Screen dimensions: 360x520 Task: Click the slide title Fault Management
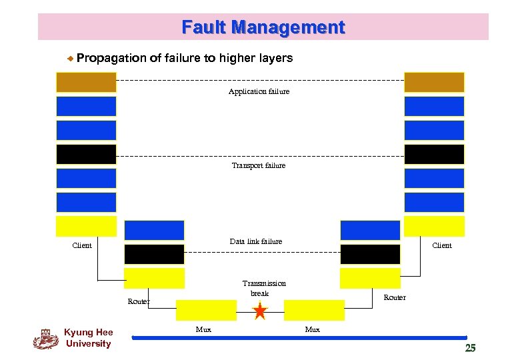[263, 27]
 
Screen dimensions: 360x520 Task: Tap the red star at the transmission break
[260, 311]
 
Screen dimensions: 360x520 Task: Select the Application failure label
[259, 91]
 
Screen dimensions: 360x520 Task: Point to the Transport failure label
[258, 165]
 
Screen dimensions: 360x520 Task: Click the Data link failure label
[255, 241]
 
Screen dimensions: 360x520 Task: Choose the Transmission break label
[263, 288]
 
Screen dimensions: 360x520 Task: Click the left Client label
[82, 245]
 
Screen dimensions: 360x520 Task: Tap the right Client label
[441, 245]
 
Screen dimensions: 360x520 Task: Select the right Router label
[394, 297]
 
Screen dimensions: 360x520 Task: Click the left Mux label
[203, 329]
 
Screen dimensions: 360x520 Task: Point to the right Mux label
[312, 329]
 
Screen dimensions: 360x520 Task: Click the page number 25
[470, 347]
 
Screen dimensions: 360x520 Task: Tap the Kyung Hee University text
[88, 338]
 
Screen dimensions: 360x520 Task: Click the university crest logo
[45, 339]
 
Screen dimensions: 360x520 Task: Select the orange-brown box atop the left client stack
[86, 82]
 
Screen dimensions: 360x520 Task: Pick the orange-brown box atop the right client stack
[434, 82]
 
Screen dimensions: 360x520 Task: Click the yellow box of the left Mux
[206, 310]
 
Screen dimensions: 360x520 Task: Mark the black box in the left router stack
[154, 254]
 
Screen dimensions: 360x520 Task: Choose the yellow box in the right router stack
[370, 278]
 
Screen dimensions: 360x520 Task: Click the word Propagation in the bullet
[111, 58]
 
